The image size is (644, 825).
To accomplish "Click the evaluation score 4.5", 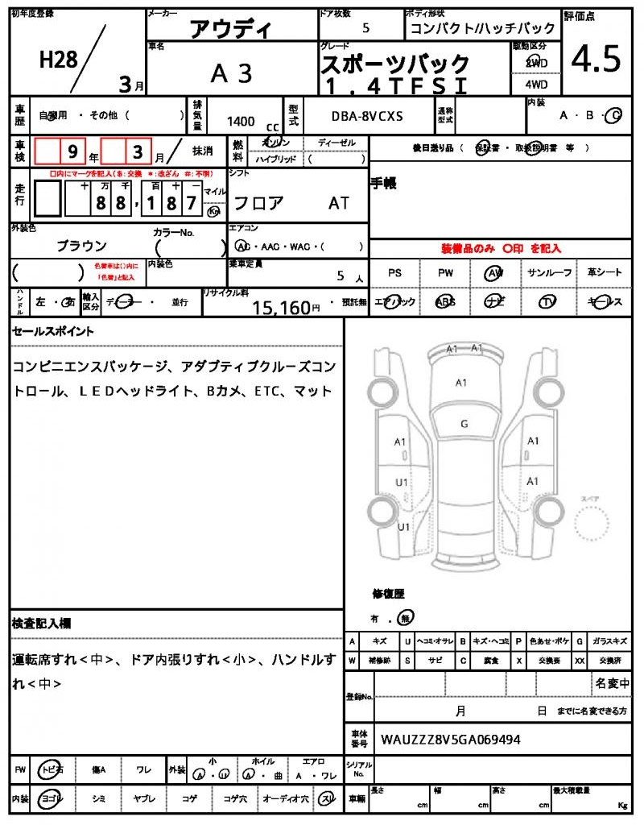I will point(596,58).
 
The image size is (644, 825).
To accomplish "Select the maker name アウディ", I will point(231,30).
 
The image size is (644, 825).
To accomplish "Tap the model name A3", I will point(231,73).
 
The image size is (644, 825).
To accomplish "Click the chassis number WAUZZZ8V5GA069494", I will point(450,739).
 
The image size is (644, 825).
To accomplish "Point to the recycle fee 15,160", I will point(281,306).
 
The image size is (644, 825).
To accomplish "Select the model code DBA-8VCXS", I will point(368,116).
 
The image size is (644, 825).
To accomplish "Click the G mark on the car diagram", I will point(464,424).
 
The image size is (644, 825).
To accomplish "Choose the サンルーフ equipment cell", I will point(550,273).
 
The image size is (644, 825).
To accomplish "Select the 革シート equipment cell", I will point(604,273).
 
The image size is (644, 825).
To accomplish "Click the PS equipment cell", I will point(394,273).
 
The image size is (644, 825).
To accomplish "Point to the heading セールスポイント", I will point(53,330).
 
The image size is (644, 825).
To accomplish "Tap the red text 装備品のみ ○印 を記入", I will point(501,249).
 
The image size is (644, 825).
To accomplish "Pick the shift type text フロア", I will point(258,202).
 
